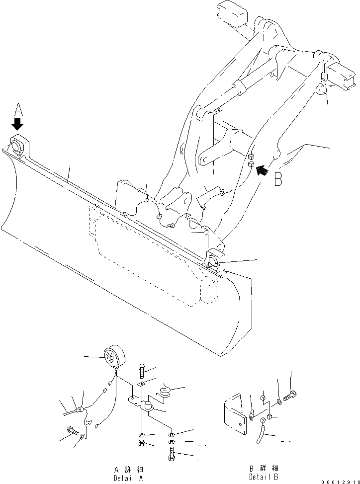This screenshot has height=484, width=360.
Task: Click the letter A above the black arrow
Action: click(x=18, y=108)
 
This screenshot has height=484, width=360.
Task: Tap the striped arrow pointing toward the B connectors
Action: click(x=262, y=170)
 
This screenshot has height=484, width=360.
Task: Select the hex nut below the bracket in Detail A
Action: click(x=142, y=443)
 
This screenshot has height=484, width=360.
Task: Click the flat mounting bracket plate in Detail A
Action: click(x=139, y=403)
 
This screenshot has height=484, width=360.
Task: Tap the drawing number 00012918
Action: click(x=338, y=481)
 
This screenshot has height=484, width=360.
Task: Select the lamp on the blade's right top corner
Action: click(x=213, y=259)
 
